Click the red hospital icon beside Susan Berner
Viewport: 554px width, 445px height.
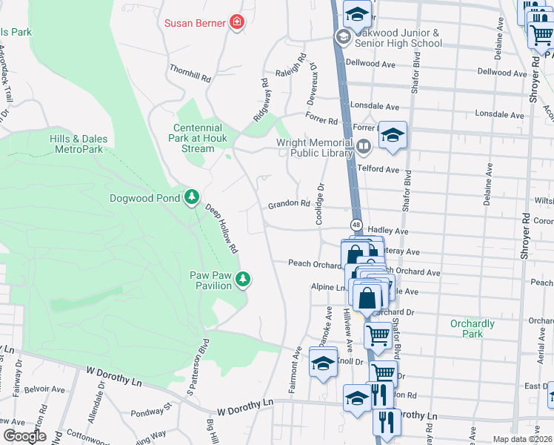tap(237, 23)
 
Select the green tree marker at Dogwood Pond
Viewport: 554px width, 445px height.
tap(193, 197)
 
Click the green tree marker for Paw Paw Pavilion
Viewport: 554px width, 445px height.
tap(242, 280)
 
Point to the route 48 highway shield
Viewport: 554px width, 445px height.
tap(356, 225)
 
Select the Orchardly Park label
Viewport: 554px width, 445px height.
tap(472, 329)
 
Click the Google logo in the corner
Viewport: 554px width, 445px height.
tap(24, 436)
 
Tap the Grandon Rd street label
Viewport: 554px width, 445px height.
tap(288, 203)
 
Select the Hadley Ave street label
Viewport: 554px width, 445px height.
tap(392, 231)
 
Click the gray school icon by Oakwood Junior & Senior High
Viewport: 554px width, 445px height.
tap(343, 37)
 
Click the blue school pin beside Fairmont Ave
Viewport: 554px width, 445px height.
tap(323, 365)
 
